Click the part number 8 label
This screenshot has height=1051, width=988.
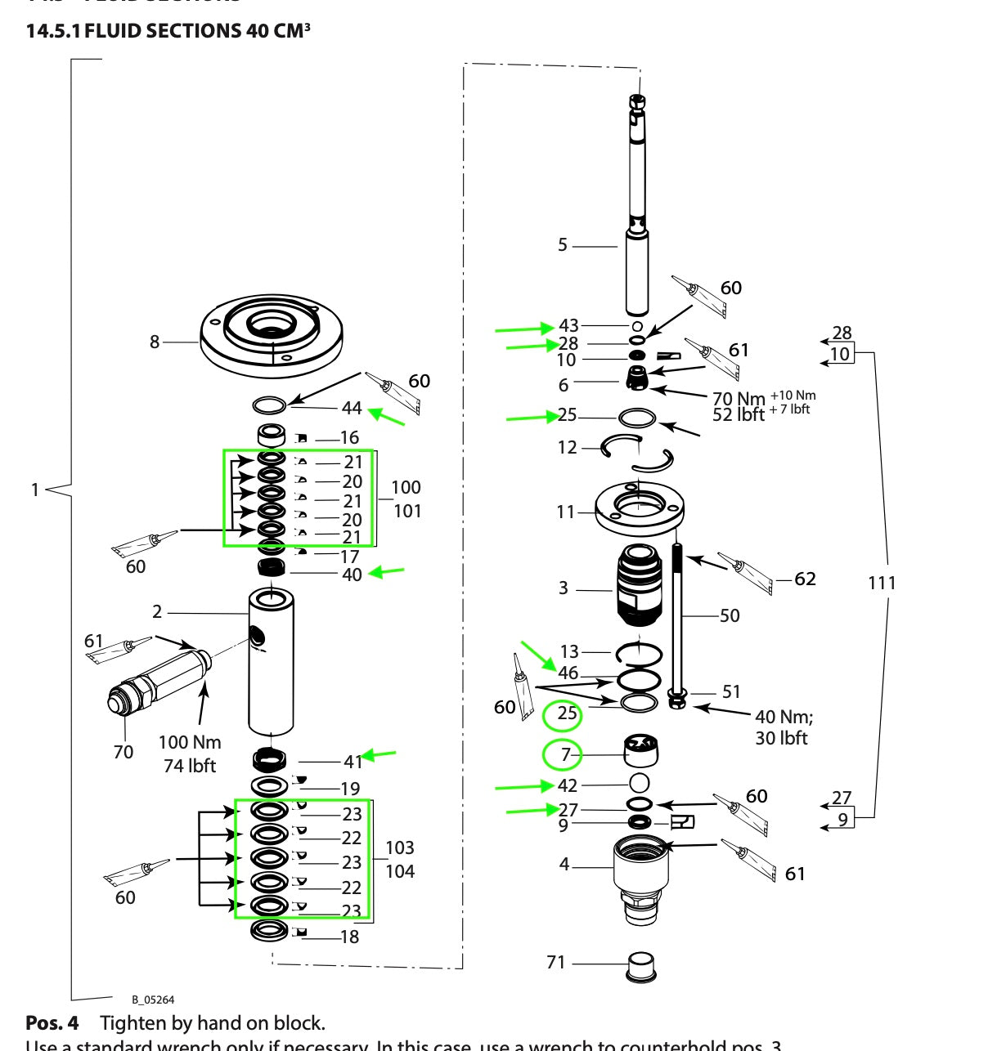click(x=154, y=342)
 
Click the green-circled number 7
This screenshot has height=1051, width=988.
click(x=564, y=754)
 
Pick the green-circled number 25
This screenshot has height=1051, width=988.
click(x=565, y=714)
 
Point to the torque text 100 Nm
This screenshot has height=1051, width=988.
click(x=190, y=742)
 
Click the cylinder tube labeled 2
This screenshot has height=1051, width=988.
click(x=271, y=662)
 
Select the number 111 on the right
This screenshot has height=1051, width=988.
click(x=882, y=583)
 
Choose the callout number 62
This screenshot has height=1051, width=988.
click(x=805, y=579)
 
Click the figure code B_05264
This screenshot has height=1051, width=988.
click(x=153, y=1000)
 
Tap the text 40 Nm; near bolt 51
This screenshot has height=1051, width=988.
click(x=784, y=717)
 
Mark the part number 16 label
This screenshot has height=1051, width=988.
click(x=349, y=438)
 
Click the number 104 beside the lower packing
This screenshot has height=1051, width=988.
click(x=400, y=871)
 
